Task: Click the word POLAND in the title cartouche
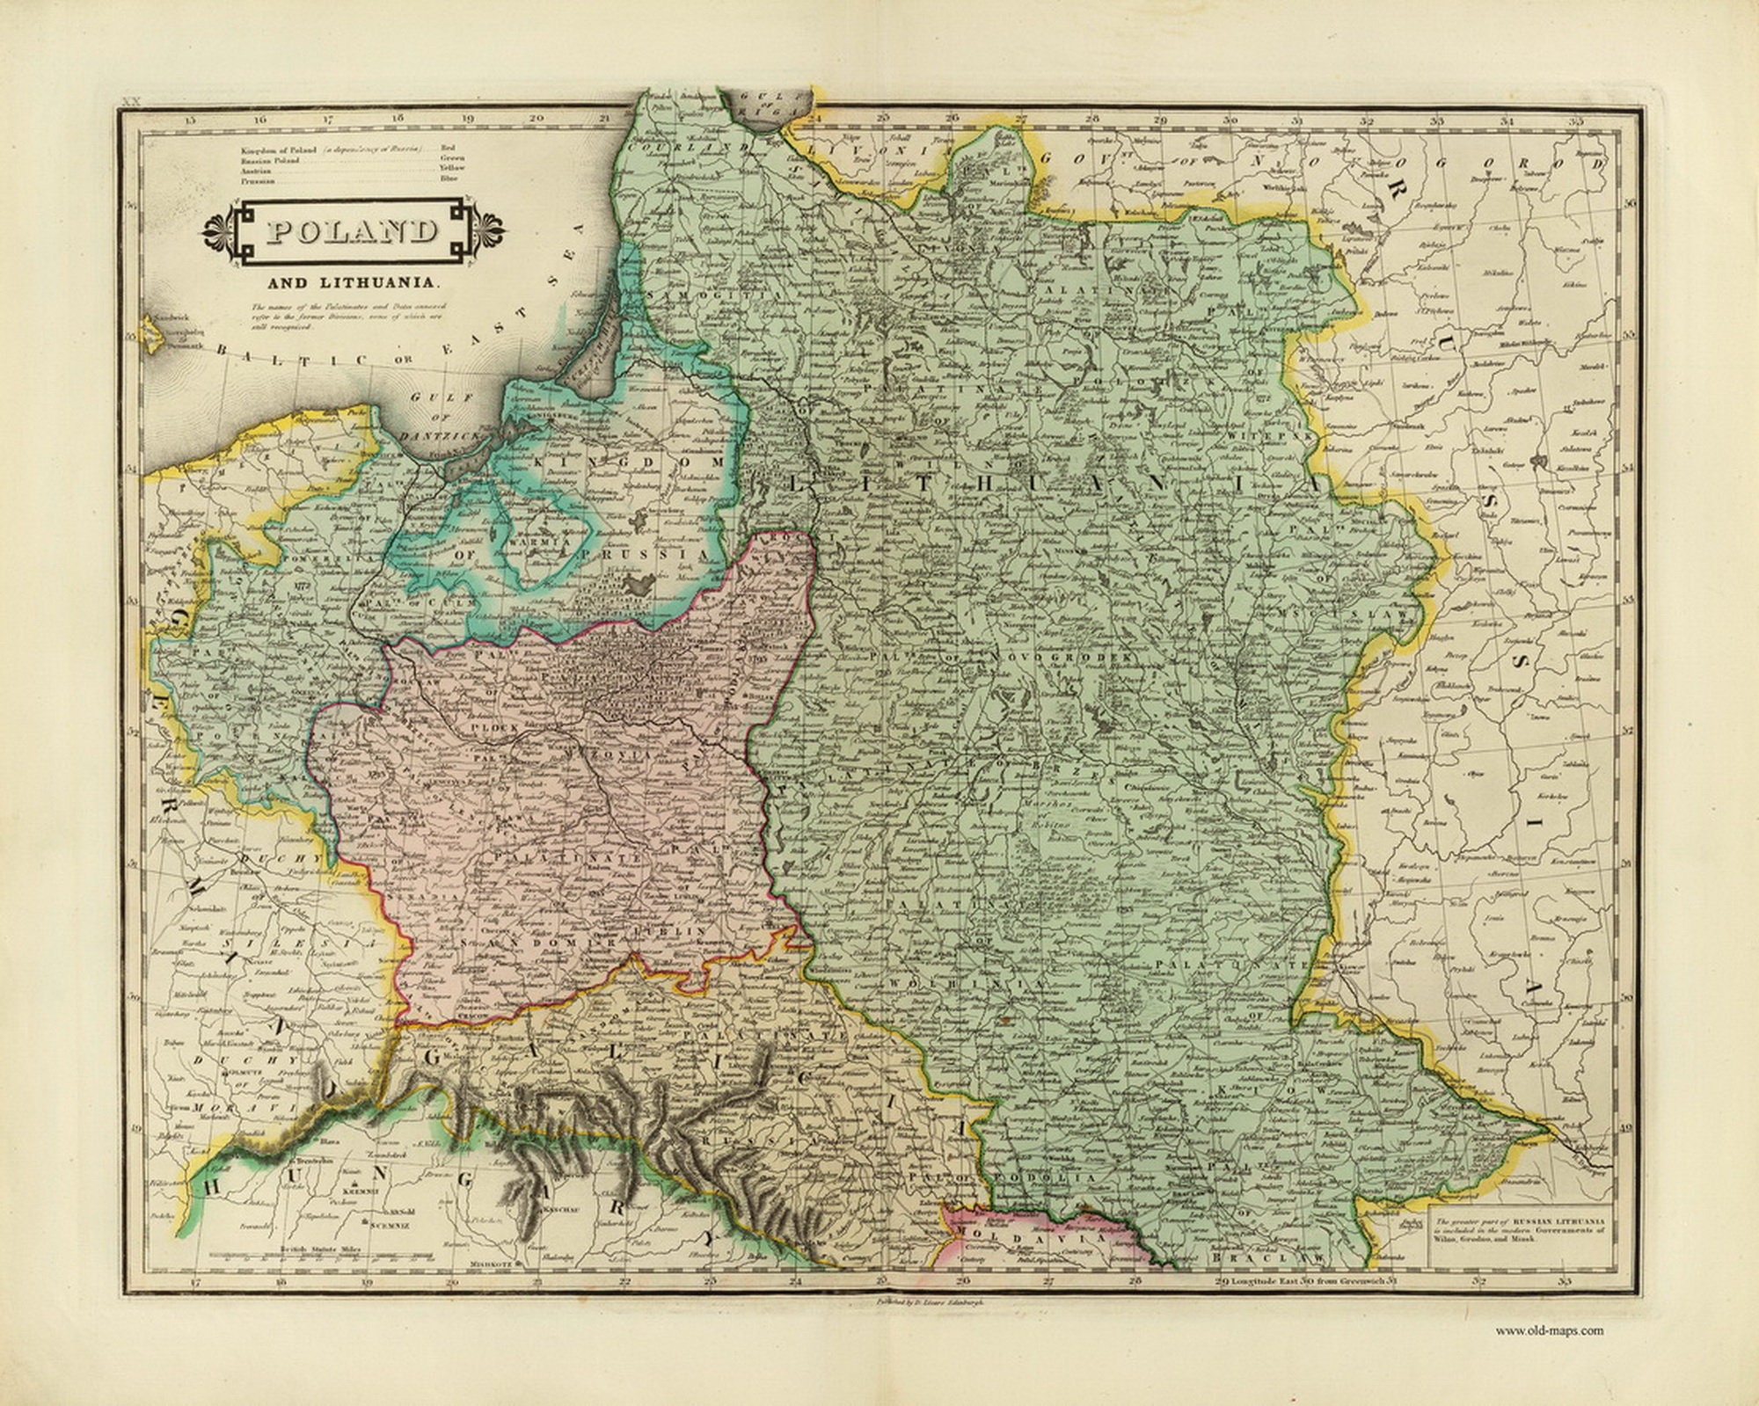pyautogui.click(x=352, y=232)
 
